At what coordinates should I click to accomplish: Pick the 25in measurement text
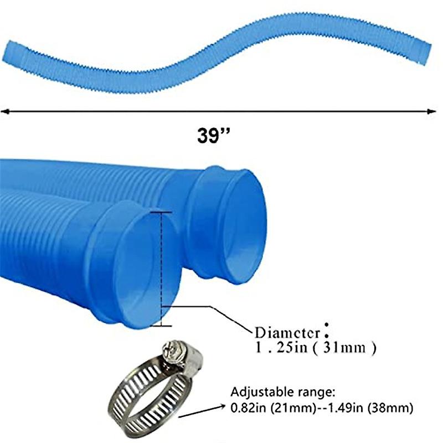pyautogui.click(x=297, y=348)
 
